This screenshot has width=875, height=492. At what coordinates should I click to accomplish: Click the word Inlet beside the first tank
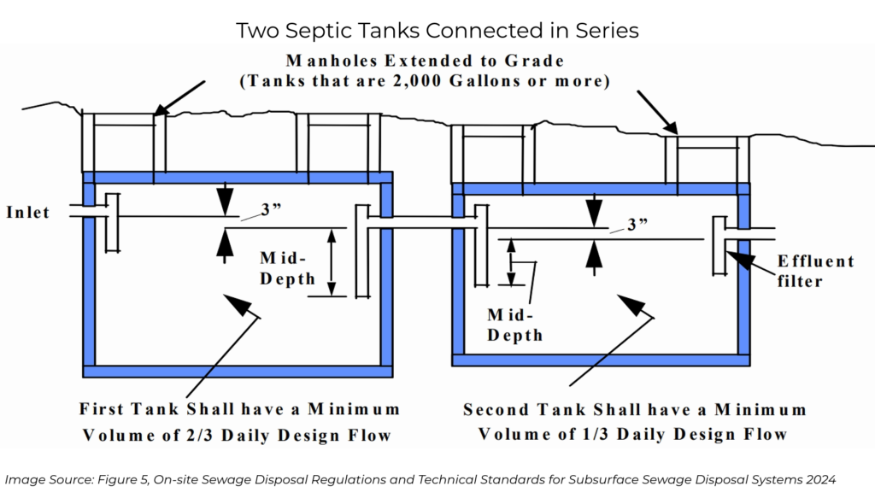[x=28, y=213]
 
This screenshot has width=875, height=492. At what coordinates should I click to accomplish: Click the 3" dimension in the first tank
[x=272, y=210]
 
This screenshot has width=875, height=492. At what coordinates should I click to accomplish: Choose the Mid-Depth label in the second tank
[x=514, y=325]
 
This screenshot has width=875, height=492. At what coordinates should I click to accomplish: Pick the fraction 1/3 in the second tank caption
[x=625, y=434]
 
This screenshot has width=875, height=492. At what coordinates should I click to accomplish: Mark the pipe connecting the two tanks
[x=422, y=224]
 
